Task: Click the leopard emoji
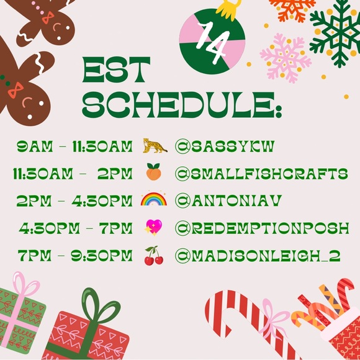[155, 146]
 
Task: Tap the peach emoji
[154, 173]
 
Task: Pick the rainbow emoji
[154, 199]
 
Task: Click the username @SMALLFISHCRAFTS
[261, 173]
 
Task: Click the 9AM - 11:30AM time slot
[75, 146]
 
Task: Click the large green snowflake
[336, 34]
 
